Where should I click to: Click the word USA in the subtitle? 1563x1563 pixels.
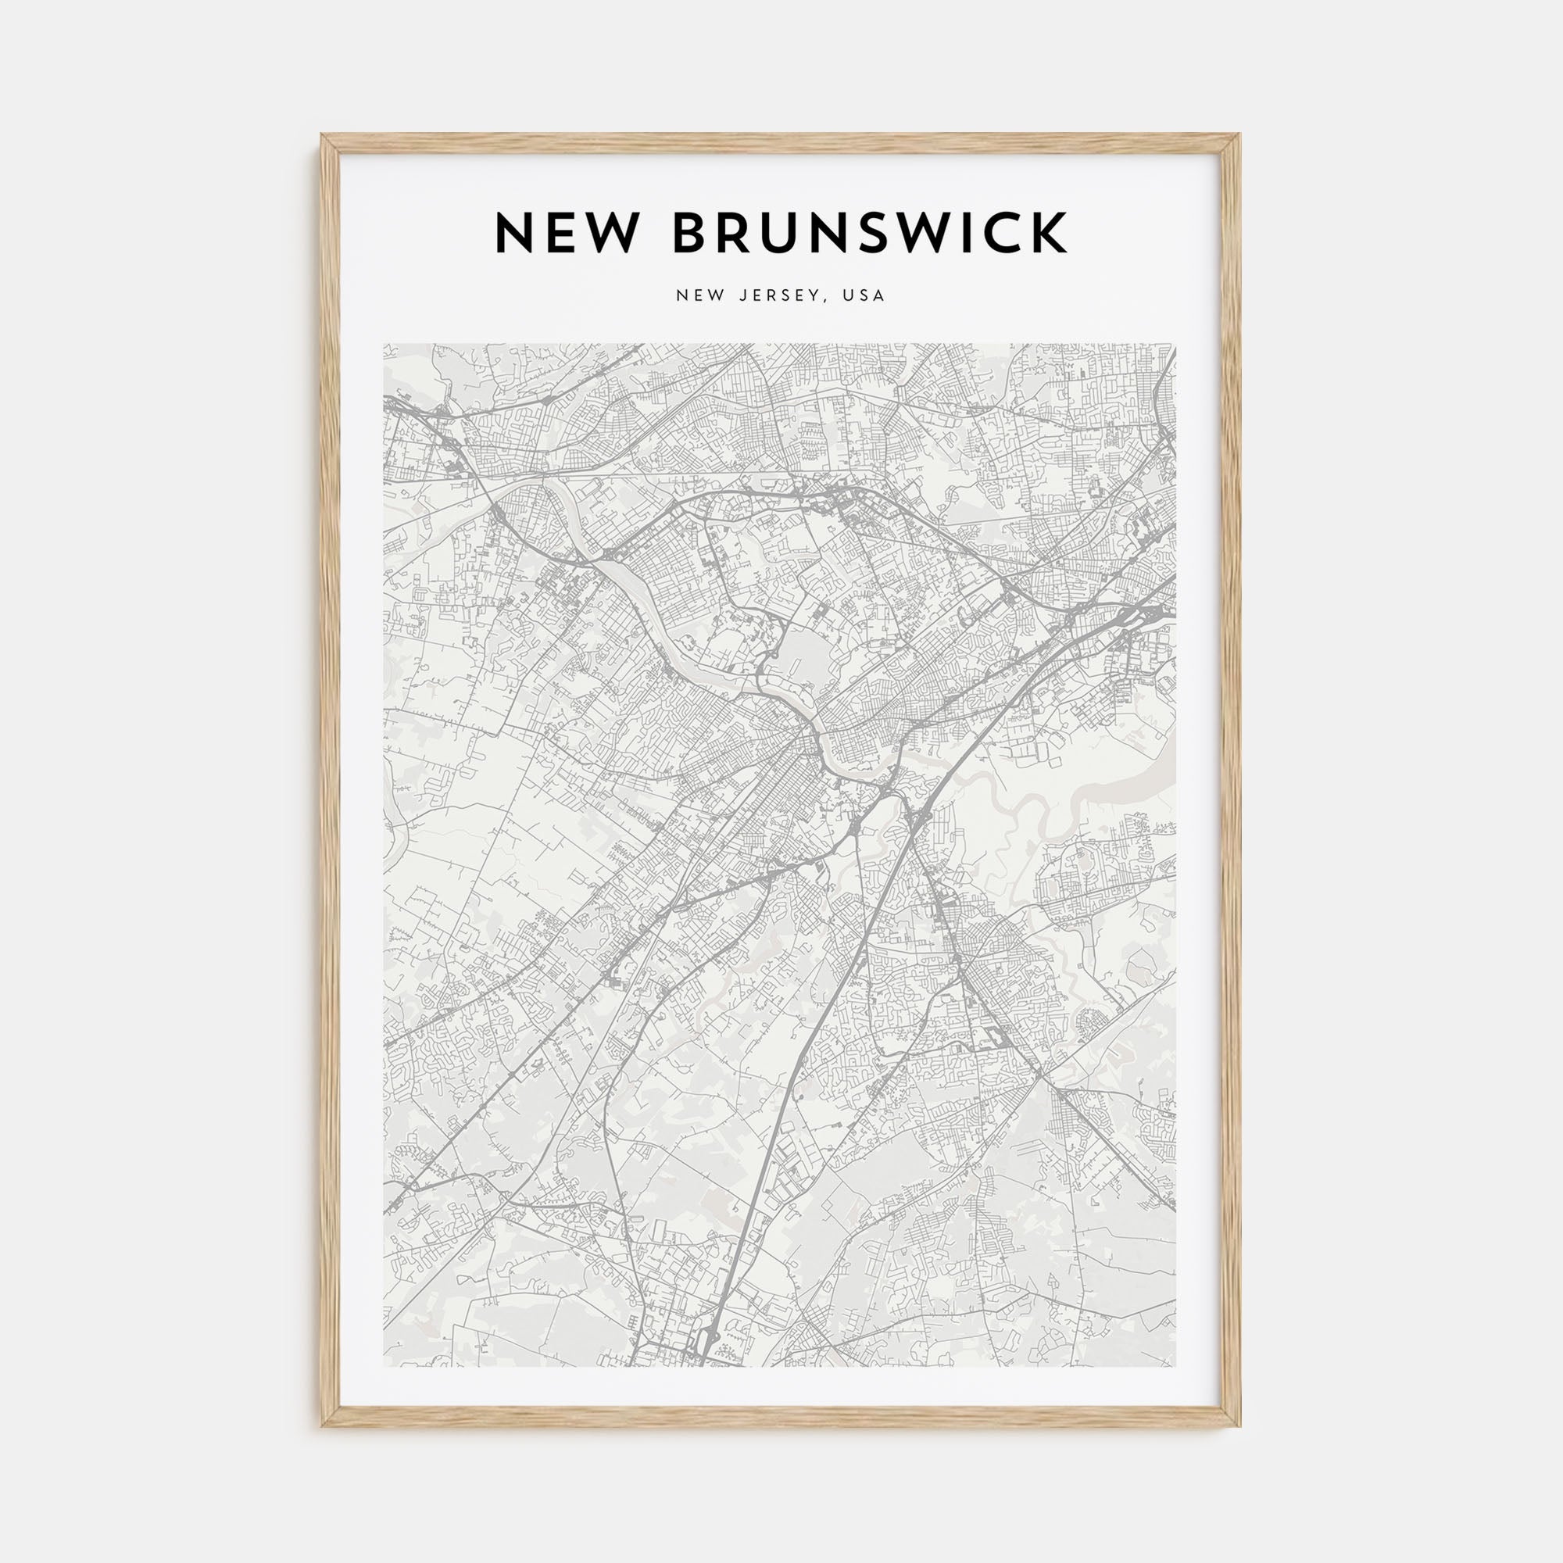[864, 295]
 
